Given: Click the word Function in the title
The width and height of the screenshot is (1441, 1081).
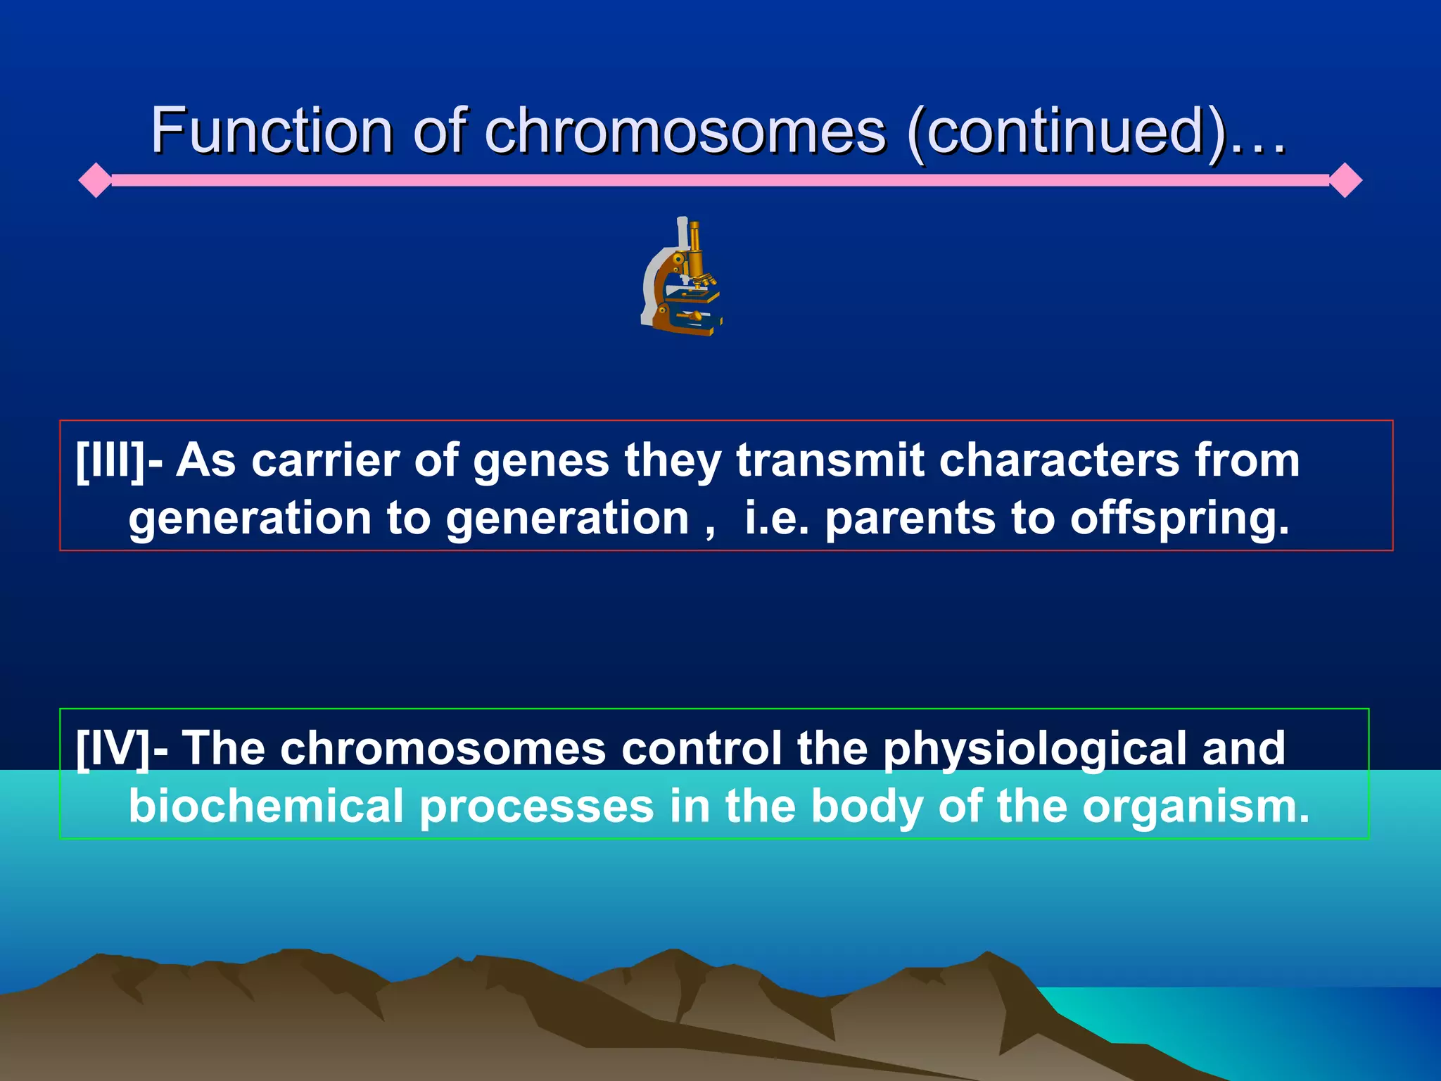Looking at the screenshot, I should click(x=272, y=131).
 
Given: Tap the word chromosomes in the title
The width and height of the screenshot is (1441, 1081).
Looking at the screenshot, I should click(x=685, y=131).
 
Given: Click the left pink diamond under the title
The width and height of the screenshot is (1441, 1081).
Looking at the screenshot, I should click(x=95, y=180).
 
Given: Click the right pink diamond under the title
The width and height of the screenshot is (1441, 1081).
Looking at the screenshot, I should click(x=1345, y=180).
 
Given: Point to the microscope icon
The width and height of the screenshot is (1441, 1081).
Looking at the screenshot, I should click(x=681, y=277).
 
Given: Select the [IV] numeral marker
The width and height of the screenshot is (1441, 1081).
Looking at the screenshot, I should click(x=113, y=748).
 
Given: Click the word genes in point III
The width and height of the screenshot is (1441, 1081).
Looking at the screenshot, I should click(x=540, y=461).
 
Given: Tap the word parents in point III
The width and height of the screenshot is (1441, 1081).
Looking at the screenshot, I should click(x=909, y=519).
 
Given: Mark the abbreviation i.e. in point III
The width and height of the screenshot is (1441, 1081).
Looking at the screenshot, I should click(x=776, y=519).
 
